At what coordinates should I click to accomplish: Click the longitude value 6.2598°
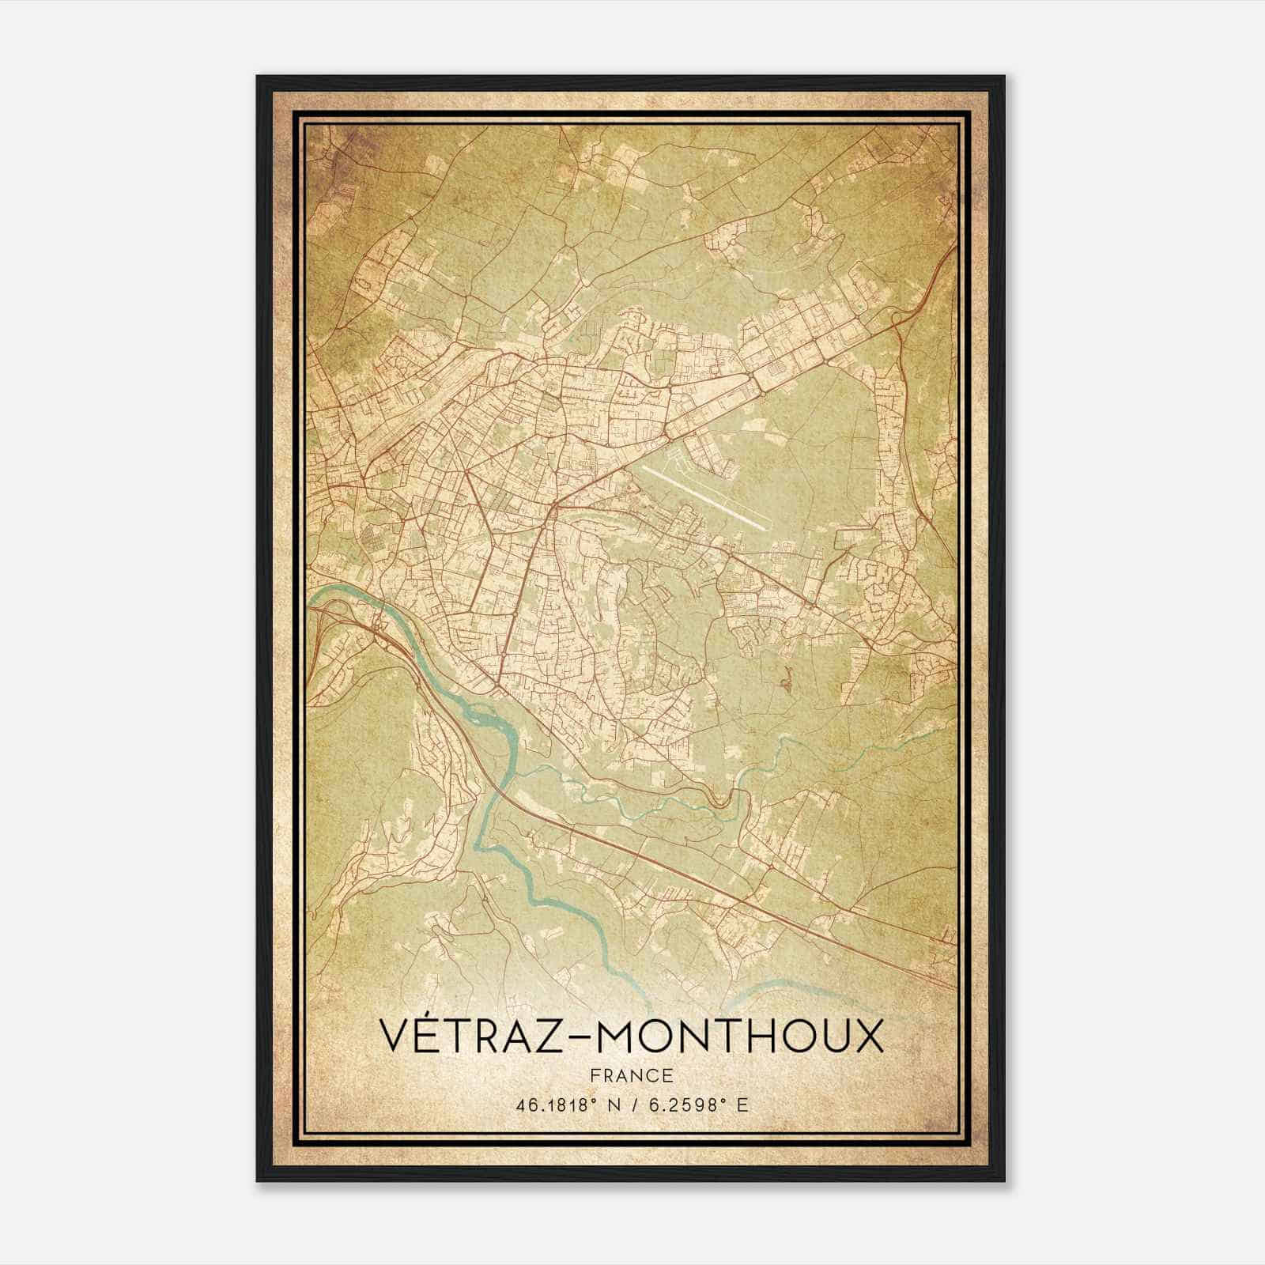pyautogui.click(x=685, y=1105)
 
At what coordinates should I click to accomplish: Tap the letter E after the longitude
pyautogui.click(x=741, y=1105)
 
